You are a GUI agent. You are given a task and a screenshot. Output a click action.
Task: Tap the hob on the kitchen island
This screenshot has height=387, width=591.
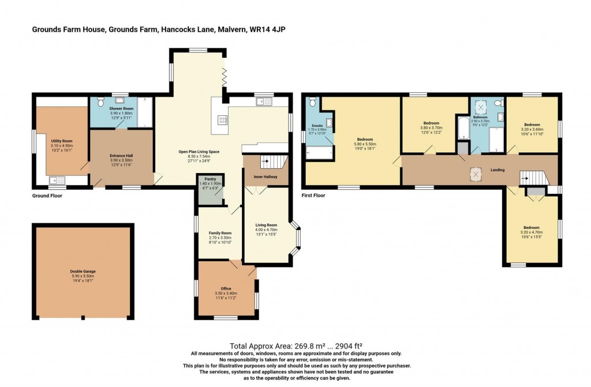[x=222, y=120]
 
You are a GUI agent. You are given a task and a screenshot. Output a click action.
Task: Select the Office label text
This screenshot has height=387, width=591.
[x=226, y=288]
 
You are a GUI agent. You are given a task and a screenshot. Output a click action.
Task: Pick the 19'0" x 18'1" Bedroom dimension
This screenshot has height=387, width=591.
[x=365, y=148]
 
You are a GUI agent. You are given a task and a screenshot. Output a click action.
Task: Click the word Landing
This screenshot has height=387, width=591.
[x=498, y=170]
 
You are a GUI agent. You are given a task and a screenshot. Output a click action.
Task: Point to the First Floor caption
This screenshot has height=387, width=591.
[x=313, y=196]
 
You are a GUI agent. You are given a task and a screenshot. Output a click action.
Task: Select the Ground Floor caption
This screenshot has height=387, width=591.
[x=47, y=196]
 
